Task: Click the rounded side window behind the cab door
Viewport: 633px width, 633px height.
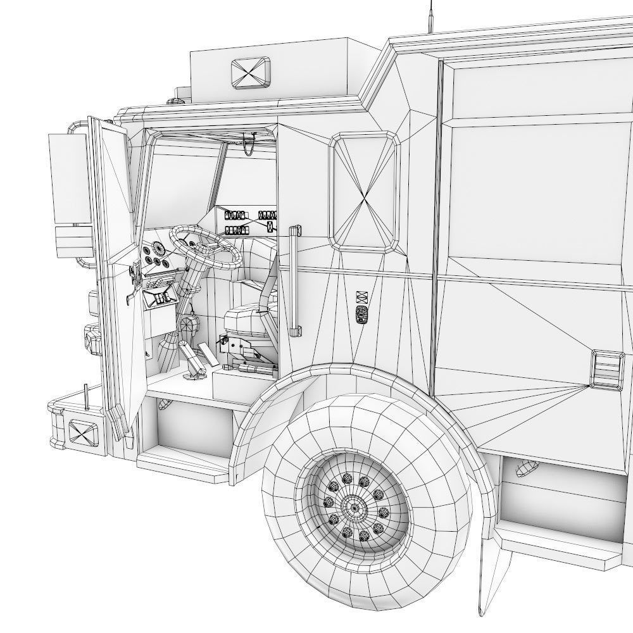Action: (x=365, y=189)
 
